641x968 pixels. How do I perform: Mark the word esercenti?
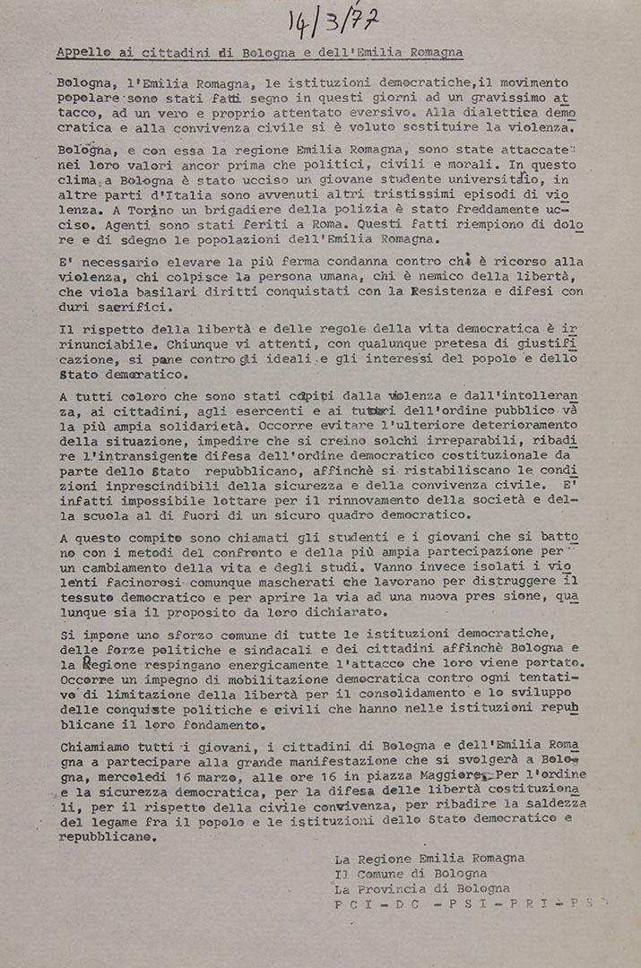point(264,412)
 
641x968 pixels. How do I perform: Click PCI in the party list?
point(351,905)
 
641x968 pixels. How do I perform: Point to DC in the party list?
point(402,905)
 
